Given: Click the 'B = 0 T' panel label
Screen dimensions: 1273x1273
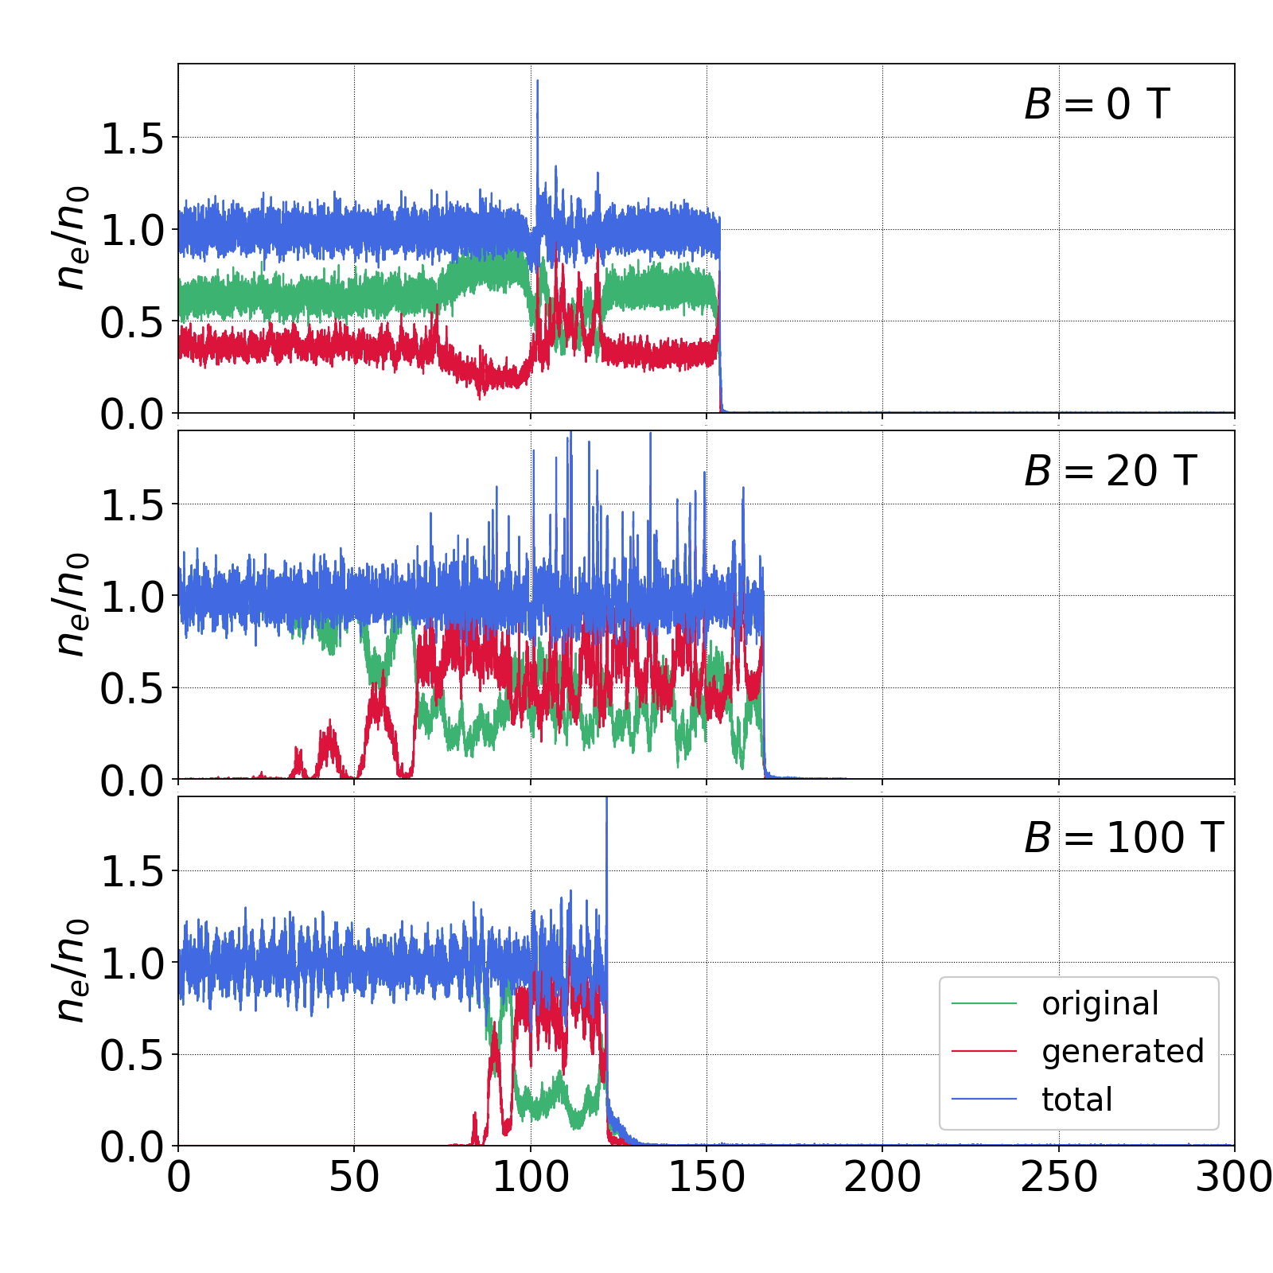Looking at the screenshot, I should click(x=1096, y=104).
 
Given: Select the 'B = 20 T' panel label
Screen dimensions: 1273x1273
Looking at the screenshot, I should click(x=1110, y=471).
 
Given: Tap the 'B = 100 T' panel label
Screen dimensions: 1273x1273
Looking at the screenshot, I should click(x=1123, y=837).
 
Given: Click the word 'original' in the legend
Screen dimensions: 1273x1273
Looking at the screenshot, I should click(x=1100, y=1004).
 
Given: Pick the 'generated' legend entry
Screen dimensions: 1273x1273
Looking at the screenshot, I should click(x=1123, y=1052).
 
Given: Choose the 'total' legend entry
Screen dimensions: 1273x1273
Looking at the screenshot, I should click(x=1077, y=1100).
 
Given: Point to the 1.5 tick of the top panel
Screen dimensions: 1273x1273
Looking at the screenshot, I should click(x=131, y=139).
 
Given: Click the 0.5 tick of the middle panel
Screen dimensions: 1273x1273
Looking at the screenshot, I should click(x=131, y=689).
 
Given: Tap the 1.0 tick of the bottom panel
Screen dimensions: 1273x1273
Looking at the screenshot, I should click(x=131, y=964).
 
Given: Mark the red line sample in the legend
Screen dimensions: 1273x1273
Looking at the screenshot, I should click(x=984, y=1052).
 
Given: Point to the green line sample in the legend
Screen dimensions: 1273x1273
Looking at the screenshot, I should click(x=984, y=1004).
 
